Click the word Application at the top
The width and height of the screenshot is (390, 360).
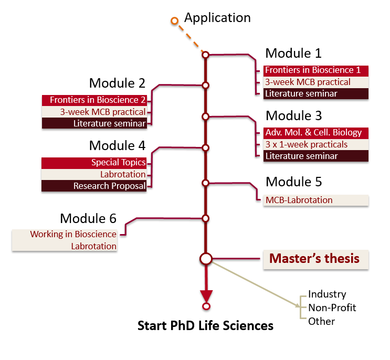coord(217,18)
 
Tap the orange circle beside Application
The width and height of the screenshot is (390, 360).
coord(175,21)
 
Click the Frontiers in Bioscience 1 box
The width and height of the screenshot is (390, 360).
coord(312,70)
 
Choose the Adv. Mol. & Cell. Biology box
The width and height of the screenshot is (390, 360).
coord(312,132)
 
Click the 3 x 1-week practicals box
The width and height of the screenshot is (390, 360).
coord(312,144)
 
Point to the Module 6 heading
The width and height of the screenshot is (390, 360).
coord(88,218)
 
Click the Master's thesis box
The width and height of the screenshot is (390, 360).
coord(315,259)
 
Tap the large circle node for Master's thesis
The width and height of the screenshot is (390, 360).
coord(206,259)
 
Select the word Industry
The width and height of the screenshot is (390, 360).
coord(327,294)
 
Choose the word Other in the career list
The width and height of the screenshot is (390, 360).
coord(321,321)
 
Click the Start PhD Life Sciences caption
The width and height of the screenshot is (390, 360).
coord(205,326)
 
